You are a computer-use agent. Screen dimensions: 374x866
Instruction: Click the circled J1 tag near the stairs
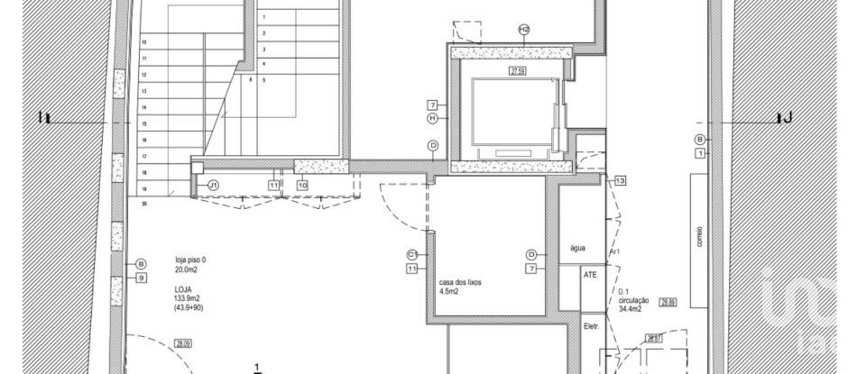(x=213, y=185)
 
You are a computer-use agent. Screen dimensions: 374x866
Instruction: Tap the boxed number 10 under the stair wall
(x=302, y=185)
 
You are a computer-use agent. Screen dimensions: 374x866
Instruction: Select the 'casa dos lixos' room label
(x=460, y=282)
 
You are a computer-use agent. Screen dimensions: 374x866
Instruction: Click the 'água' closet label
(x=578, y=248)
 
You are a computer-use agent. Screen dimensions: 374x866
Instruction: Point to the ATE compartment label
(x=590, y=276)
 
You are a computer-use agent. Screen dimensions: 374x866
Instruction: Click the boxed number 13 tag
(x=620, y=181)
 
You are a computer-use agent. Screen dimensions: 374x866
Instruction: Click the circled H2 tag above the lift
(x=524, y=30)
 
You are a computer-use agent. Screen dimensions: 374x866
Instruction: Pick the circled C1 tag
(x=411, y=254)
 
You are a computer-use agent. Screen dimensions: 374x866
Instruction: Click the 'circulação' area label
(x=633, y=300)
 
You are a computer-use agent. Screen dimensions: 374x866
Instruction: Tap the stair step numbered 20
(x=143, y=204)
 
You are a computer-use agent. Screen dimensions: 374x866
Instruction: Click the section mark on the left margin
(x=44, y=118)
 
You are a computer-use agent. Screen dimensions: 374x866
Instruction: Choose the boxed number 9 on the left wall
(x=141, y=278)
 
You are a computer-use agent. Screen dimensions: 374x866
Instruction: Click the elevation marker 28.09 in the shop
(x=183, y=343)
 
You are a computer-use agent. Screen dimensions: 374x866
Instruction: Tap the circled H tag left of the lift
(x=432, y=118)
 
